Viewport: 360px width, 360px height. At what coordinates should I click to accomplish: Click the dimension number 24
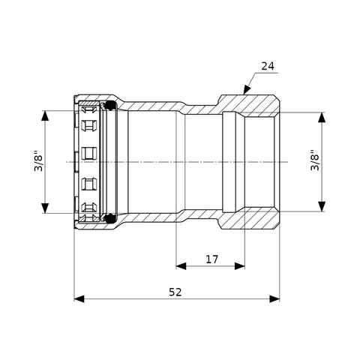[268, 66]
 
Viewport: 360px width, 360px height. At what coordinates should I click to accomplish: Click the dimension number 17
[212, 259]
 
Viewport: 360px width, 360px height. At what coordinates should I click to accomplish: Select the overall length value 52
[175, 292]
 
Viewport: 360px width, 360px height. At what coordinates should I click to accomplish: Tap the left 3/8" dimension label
[39, 160]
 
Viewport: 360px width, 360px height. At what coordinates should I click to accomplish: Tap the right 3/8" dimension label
[315, 160]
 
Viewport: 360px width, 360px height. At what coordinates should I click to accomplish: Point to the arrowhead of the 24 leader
[247, 89]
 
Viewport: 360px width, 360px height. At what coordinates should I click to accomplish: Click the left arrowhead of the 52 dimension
[79, 298]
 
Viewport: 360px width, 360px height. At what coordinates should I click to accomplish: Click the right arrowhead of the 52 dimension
[274, 298]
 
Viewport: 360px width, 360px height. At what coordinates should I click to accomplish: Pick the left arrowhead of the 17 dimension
[181, 266]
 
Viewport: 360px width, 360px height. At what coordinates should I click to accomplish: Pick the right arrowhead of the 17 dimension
[239, 266]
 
